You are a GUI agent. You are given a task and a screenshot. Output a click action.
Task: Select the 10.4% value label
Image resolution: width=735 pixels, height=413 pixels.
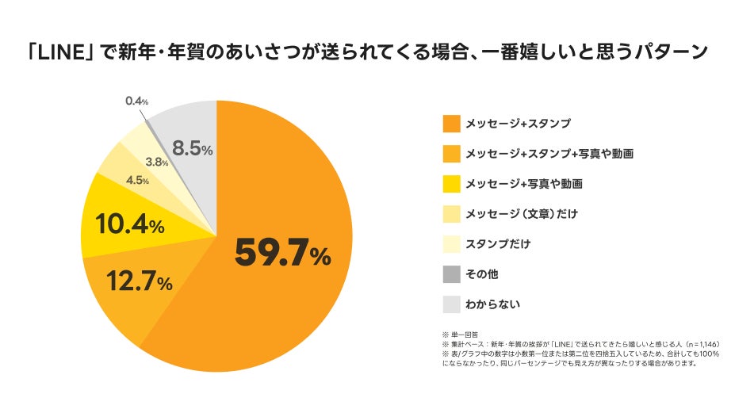(x=130, y=226)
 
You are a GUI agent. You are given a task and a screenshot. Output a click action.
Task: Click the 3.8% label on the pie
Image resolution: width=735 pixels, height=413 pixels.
(x=157, y=162)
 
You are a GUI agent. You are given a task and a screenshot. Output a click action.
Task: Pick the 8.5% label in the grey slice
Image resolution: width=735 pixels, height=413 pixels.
(x=193, y=148)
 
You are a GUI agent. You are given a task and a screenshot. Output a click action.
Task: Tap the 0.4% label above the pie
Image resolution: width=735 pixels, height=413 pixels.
(x=137, y=101)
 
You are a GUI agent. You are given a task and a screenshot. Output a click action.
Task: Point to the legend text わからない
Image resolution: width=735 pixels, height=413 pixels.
(x=492, y=304)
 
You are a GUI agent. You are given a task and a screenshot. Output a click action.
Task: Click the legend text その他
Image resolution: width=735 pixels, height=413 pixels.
(x=481, y=274)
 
